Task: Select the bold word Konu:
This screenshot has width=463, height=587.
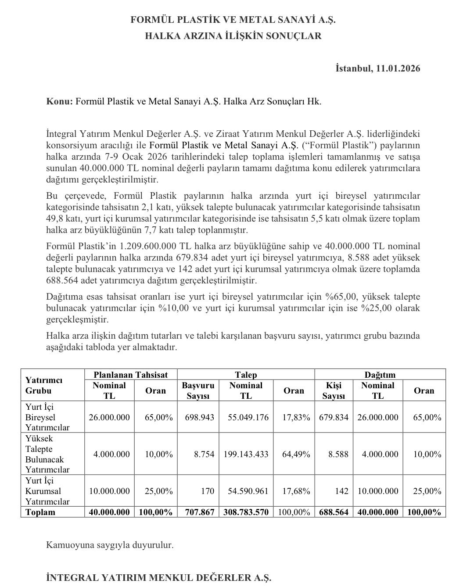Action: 59,101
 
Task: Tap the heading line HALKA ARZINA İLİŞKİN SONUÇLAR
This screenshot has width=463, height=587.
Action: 233,36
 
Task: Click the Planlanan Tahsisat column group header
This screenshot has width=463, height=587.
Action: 130,375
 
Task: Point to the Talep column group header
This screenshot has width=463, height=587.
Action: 246,375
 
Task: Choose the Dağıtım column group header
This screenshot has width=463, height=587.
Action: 380,375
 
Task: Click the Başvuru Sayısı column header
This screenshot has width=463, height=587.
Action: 198,390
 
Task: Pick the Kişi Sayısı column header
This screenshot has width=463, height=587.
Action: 334,390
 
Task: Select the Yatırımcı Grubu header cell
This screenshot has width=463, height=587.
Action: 44,385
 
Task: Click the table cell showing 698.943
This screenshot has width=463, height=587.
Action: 198,417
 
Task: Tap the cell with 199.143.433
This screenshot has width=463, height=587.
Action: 246,454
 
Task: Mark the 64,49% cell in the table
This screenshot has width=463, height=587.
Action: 294,454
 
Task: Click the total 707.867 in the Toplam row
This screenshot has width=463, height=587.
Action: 198,512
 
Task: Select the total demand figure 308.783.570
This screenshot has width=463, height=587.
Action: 246,512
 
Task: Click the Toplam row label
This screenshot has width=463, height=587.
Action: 40,512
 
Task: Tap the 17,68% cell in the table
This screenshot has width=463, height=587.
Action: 294,491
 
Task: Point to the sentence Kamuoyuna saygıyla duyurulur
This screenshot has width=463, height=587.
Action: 110,545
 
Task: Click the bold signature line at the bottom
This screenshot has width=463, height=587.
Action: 159,578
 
